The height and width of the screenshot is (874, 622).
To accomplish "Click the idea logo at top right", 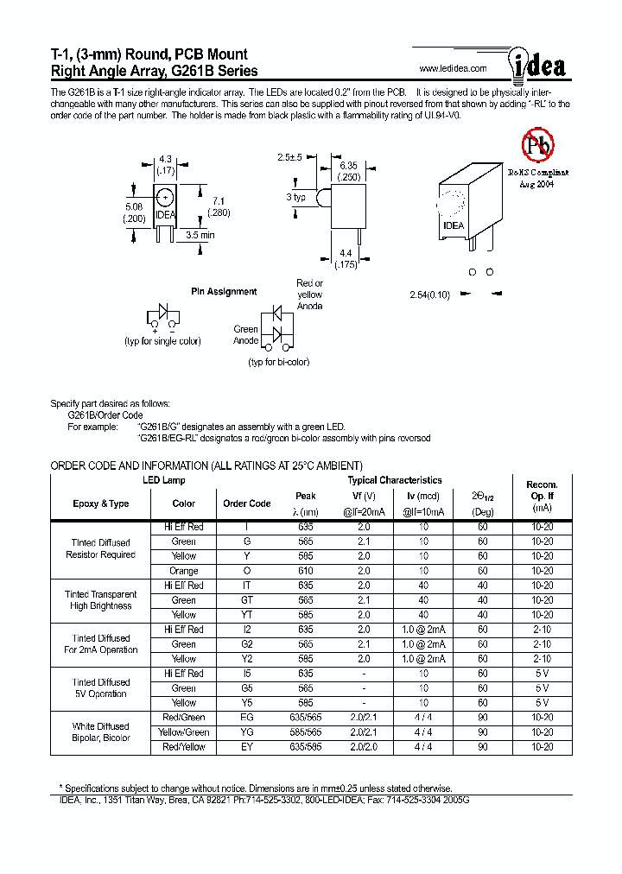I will tap(535, 64).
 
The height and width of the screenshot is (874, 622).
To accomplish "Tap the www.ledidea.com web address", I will tap(453, 68).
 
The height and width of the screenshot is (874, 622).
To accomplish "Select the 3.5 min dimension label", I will tap(200, 234).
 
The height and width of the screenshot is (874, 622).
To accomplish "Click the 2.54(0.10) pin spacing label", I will tap(430, 295).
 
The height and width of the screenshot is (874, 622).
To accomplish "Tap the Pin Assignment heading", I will tap(224, 292).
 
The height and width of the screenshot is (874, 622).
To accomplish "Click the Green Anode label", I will tap(245, 334).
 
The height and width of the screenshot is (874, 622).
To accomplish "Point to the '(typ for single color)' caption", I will tap(163, 341).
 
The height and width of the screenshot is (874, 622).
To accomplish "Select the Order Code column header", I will tap(247, 503).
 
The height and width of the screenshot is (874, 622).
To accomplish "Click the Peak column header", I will tap(306, 496).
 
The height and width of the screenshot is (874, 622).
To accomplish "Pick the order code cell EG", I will tap(247, 718).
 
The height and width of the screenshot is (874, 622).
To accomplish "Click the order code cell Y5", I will tap(247, 703).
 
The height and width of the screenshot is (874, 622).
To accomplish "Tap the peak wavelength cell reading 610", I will tap(306, 571).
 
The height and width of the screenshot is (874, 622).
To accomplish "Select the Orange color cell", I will tap(184, 571).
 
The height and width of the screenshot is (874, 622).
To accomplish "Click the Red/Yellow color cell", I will tap(184, 747).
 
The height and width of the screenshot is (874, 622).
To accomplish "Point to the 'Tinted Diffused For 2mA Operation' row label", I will tap(101, 644).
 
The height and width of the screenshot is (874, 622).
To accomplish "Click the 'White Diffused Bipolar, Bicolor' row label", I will tap(101, 732).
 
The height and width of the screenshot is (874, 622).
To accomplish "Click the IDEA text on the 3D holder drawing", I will tap(454, 225).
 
